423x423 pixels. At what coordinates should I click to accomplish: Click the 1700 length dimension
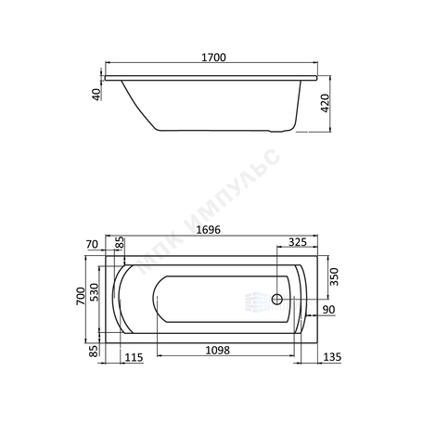click(213, 58)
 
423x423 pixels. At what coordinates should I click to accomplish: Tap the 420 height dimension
click(326, 103)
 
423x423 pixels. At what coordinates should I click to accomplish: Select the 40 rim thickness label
click(96, 95)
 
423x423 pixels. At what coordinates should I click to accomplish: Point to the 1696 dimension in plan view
click(209, 230)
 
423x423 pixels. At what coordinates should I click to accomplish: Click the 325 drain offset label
click(298, 242)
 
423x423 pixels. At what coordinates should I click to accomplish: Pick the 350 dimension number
click(334, 276)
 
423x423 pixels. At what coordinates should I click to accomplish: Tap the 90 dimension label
click(329, 309)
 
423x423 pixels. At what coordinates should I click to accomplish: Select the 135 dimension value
click(332, 357)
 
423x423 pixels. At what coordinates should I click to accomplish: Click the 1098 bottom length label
click(218, 351)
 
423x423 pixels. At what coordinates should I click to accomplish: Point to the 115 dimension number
click(134, 357)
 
